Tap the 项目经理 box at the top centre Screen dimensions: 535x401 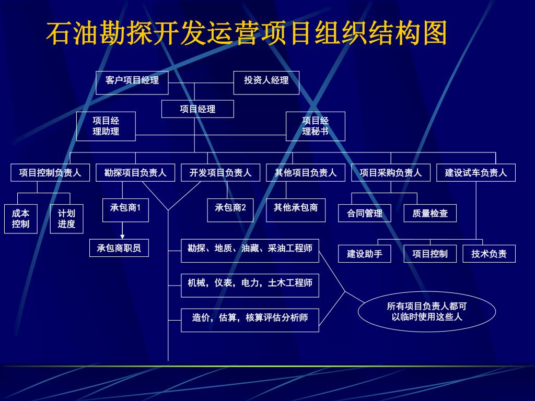click(197, 109)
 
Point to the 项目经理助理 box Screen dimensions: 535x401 click(106, 126)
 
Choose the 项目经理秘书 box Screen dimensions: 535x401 click(315, 126)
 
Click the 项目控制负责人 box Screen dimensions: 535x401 click(50, 173)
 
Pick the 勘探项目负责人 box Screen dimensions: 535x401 click(135, 173)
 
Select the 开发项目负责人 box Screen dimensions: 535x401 click(220, 173)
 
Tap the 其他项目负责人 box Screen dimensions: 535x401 click(306, 173)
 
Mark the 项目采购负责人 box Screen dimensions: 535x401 click(391, 173)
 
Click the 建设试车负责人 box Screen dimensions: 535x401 click(476, 173)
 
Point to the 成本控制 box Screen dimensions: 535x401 click(21, 218)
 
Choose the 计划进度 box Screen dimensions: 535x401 click(66, 218)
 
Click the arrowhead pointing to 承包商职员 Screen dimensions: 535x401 click(122, 237)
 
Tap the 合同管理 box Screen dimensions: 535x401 click(365, 213)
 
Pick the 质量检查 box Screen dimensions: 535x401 click(430, 213)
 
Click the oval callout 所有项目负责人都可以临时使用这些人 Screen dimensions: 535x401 click(427, 312)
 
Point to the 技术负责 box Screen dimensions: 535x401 click(489, 254)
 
